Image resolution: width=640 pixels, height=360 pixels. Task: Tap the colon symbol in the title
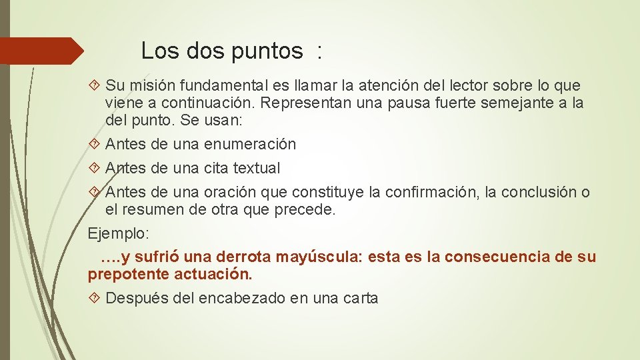[320, 52]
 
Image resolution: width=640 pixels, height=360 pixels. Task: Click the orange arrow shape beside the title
[40, 51]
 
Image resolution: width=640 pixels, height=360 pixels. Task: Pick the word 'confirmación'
[435, 192]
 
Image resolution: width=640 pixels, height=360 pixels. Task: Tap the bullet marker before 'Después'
[95, 298]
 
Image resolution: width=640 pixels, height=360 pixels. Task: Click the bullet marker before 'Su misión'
[95, 86]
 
